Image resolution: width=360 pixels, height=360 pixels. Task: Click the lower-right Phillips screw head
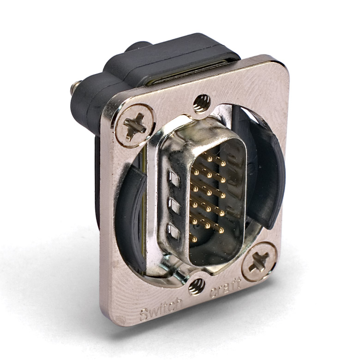(259, 262)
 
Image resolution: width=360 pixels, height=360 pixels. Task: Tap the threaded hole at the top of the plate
(202, 103)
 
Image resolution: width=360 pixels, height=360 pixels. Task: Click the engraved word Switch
(161, 307)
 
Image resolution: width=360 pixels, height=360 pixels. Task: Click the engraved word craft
(225, 287)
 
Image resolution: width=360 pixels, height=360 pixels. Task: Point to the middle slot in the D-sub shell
(174, 206)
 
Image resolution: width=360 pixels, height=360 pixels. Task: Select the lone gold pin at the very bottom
(194, 240)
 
